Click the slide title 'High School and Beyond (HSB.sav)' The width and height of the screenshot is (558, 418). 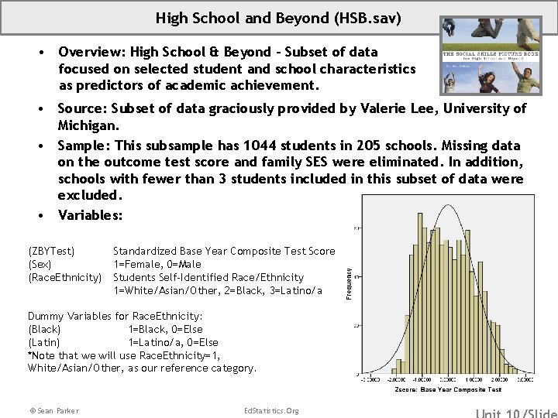(278, 17)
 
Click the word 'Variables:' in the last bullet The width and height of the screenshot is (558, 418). (90, 215)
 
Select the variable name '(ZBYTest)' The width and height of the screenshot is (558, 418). (51, 251)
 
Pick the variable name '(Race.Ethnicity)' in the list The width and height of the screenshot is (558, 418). (65, 277)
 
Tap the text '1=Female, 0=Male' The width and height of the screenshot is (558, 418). (157, 264)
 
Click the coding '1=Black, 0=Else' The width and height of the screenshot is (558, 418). (166, 329)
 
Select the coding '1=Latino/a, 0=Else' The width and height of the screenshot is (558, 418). (173, 342)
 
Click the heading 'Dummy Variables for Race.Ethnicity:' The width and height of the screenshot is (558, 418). (115, 316)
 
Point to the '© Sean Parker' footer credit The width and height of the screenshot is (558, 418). (53, 410)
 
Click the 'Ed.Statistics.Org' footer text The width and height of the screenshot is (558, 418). (270, 410)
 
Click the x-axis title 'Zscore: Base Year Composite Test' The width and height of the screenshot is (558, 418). (448, 390)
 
